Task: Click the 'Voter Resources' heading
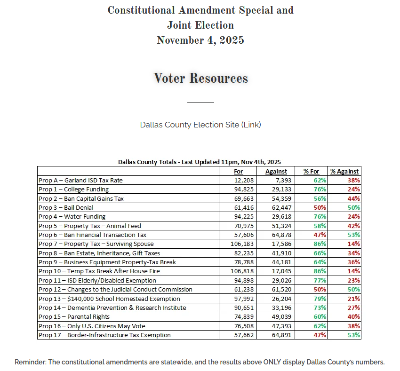coord(200,78)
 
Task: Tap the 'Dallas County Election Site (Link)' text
coord(200,125)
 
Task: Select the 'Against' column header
coord(276,172)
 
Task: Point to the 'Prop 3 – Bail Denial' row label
coord(66,208)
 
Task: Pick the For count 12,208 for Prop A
coord(245,181)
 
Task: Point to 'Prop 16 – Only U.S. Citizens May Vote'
coord(92,326)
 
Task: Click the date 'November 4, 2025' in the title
coord(200,40)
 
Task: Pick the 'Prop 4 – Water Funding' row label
coord(72,217)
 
